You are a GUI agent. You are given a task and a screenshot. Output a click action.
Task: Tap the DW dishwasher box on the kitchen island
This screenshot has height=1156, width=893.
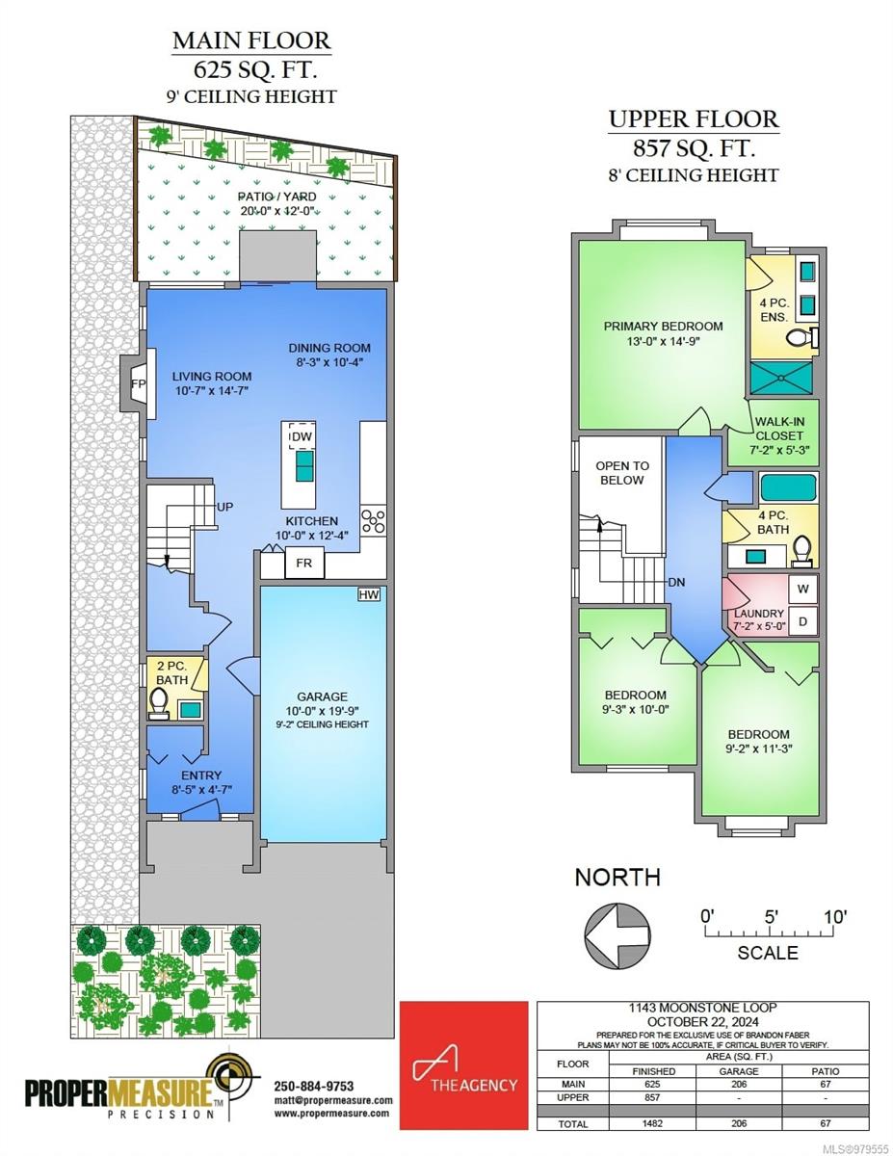click(x=302, y=436)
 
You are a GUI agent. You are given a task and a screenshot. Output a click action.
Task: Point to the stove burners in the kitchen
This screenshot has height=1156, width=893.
click(x=373, y=521)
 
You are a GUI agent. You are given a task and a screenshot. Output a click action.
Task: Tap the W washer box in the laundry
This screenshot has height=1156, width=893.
click(x=802, y=588)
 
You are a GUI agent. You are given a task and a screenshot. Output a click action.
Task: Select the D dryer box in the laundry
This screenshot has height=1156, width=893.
click(x=802, y=621)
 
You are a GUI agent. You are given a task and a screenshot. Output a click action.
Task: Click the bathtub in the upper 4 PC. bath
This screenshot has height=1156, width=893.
click(x=788, y=487)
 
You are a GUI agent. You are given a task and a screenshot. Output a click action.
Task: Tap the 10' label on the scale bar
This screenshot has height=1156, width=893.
click(x=833, y=916)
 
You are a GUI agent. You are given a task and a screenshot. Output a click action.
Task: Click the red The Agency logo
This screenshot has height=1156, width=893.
click(x=464, y=1065)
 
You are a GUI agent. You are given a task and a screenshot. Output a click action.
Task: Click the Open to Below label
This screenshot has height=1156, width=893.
click(x=621, y=472)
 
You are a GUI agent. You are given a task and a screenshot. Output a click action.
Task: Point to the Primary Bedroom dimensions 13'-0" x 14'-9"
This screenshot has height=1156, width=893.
click(x=663, y=342)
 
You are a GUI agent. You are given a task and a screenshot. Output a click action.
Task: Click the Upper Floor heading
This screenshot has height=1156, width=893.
click(x=693, y=119)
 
